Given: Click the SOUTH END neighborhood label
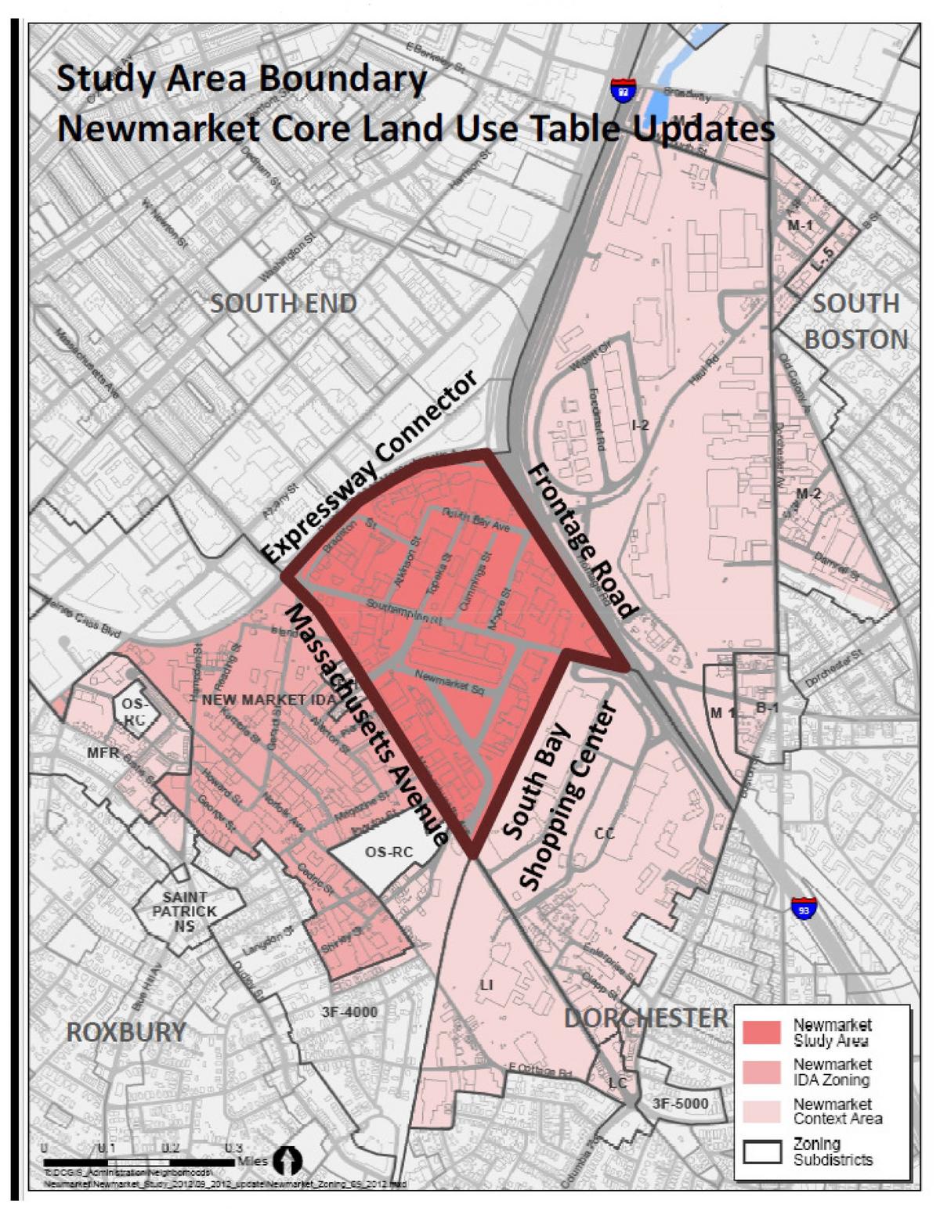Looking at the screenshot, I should pyautogui.click(x=283, y=303).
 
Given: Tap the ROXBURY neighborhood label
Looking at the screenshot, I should pyautogui.click(x=125, y=1032).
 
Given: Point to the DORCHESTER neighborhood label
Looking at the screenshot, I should pyautogui.click(x=645, y=1018).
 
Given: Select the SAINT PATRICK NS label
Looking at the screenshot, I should pyautogui.click(x=184, y=911).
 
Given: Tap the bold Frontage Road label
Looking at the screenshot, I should pyautogui.click(x=584, y=540).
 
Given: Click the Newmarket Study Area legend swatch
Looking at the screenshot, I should pyautogui.click(x=761, y=1033).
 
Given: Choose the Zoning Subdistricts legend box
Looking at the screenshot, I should pyautogui.click(x=761, y=1152).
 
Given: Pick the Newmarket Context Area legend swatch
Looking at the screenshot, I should pyautogui.click(x=761, y=1112).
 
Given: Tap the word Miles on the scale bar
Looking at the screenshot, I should pyautogui.click(x=251, y=1161).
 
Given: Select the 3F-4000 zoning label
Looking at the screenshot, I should pyautogui.click(x=349, y=1011).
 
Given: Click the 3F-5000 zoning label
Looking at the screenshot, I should pyautogui.click(x=680, y=1103).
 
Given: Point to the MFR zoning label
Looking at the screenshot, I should pyautogui.click(x=103, y=753).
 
